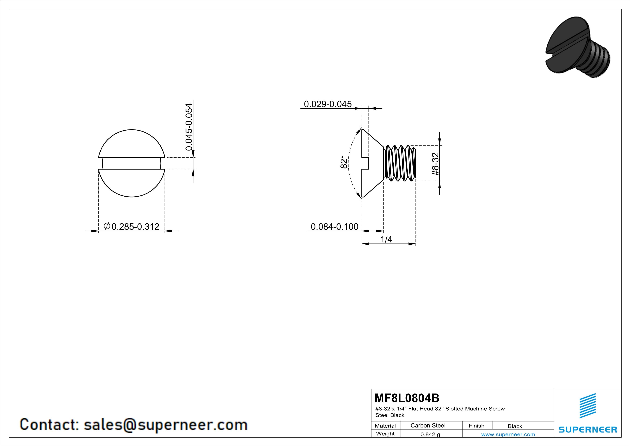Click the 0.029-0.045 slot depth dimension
click(x=328, y=104)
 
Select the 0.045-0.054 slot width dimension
click(x=189, y=127)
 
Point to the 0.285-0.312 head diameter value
click(x=136, y=227)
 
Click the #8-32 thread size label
click(x=435, y=164)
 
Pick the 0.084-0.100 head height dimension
click(x=334, y=227)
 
